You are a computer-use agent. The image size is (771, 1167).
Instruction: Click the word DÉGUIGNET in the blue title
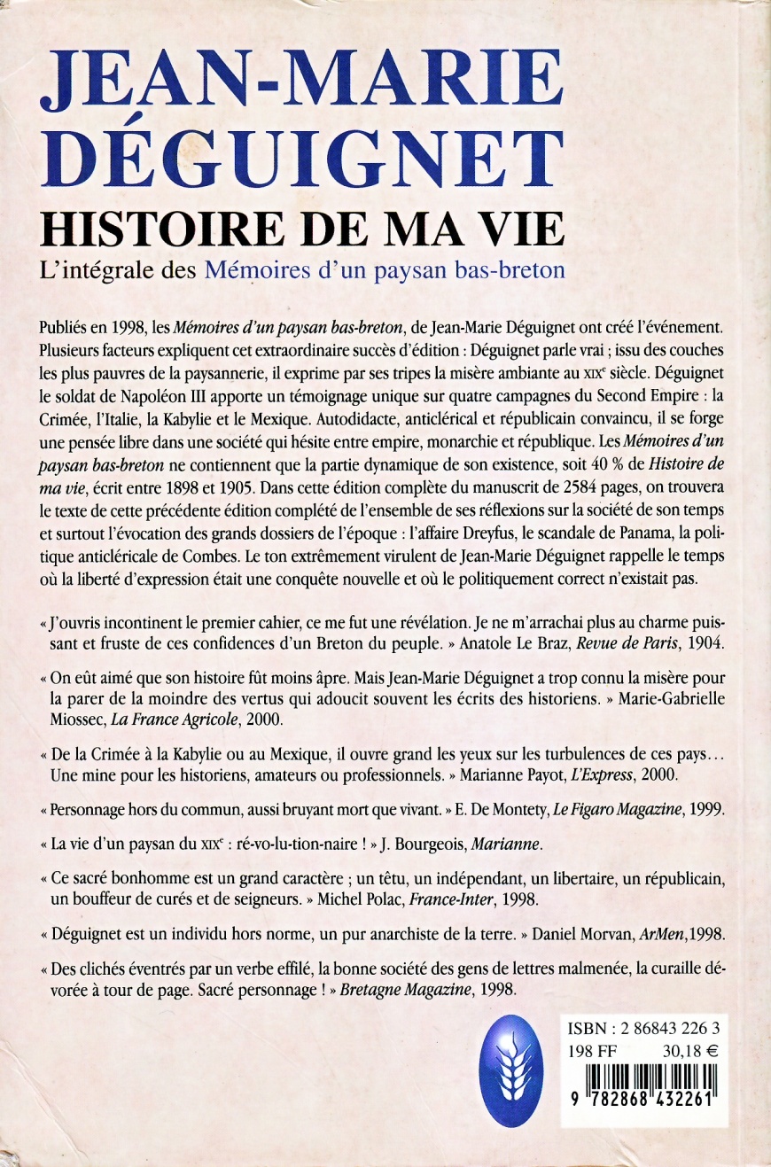point(304,161)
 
